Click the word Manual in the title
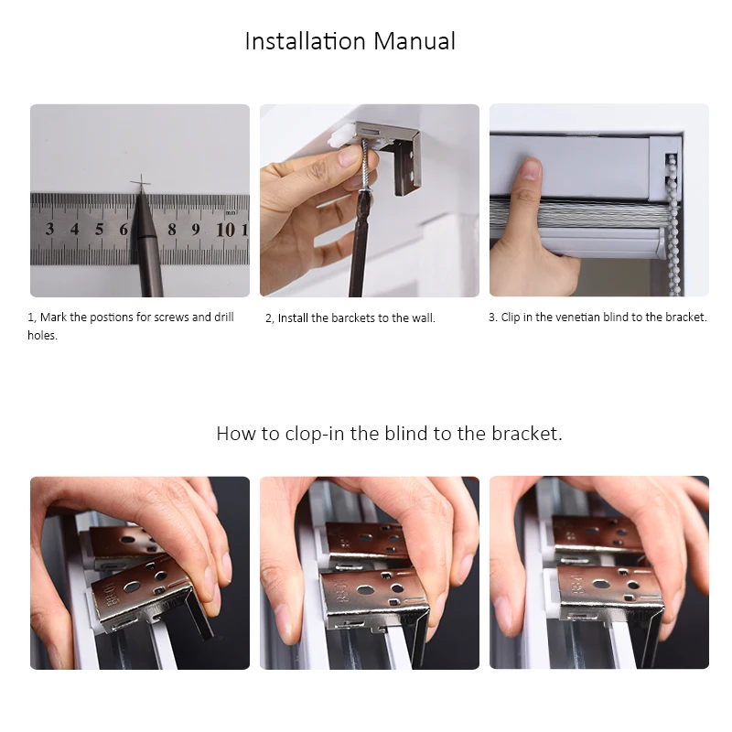[414, 41]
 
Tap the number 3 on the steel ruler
[49, 229]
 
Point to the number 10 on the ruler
[225, 230]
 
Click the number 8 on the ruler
[172, 230]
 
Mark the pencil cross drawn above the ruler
[141, 182]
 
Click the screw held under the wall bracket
[364, 164]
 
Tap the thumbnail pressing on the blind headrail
[530, 169]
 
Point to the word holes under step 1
[42, 335]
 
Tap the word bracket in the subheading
[527, 434]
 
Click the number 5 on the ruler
[99, 229]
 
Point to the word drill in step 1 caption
[224, 317]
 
